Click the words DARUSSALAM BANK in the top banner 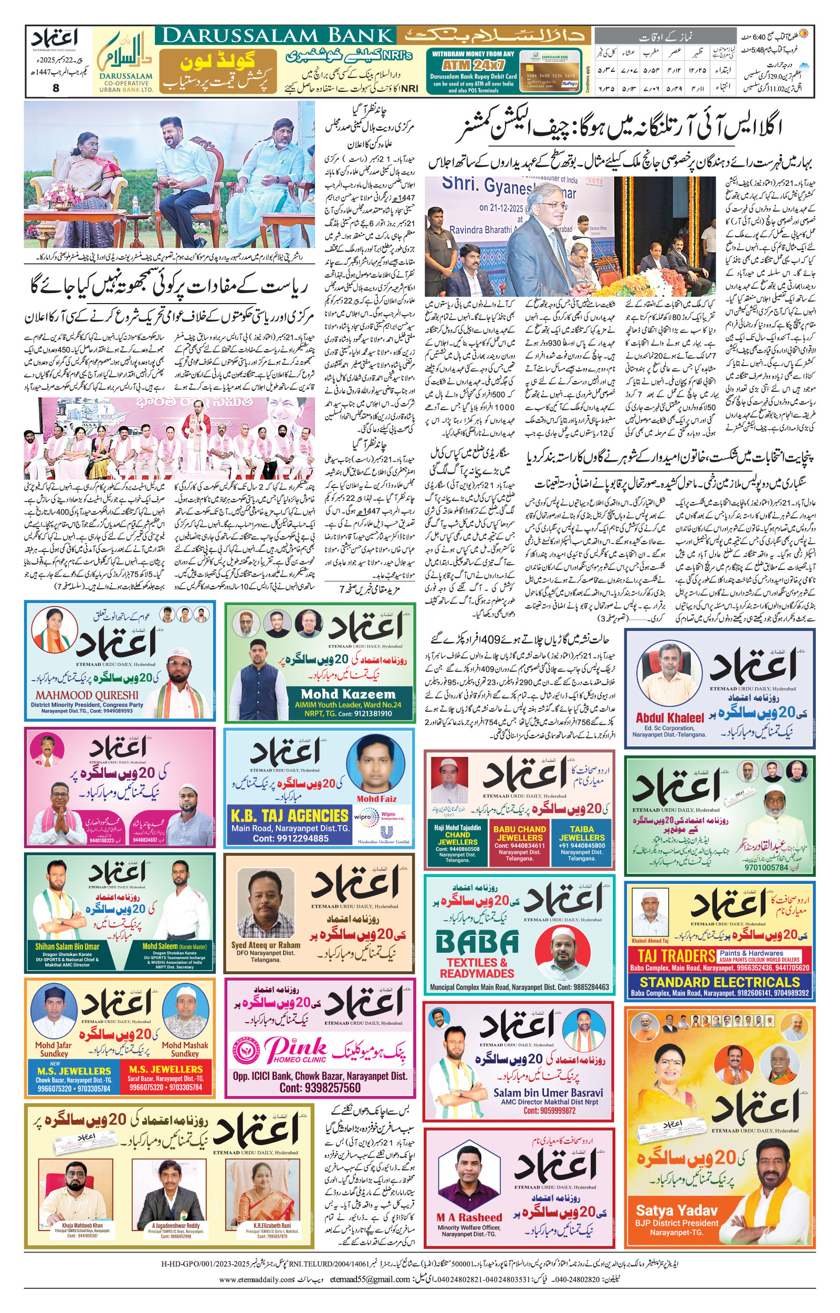pos(278,36)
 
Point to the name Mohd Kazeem pos(348,694)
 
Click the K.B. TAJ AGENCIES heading pos(290,816)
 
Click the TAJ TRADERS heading pos(676,955)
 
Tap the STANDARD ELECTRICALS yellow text pos(720,983)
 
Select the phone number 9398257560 pos(320,1088)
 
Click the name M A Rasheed pos(469,1217)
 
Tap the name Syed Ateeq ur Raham pos(266,945)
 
